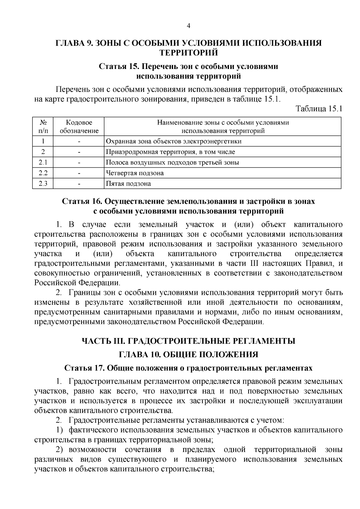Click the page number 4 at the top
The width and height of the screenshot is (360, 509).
188,26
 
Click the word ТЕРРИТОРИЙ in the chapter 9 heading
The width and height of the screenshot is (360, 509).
188,53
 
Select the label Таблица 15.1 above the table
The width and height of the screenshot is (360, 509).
319,108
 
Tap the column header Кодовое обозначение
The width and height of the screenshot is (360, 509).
79,127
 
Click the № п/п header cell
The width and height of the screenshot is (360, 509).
43,127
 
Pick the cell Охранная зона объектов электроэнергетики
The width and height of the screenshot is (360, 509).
174,141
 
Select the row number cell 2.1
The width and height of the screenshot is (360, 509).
43,163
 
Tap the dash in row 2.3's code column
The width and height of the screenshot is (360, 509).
79,184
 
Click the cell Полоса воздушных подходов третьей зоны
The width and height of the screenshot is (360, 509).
173,163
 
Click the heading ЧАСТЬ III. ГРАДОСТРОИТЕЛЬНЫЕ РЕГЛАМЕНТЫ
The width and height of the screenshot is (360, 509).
188,341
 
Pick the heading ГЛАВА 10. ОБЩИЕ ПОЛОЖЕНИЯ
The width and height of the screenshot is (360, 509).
188,355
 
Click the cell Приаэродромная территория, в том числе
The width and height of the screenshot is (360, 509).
171,152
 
